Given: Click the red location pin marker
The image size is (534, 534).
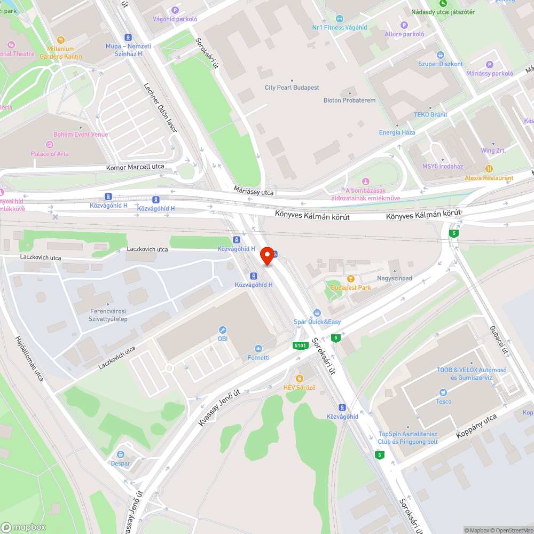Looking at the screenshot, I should pyautogui.click(x=267, y=257).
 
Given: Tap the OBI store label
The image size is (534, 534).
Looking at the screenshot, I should pyautogui.click(x=223, y=339).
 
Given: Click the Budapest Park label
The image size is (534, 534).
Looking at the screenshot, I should pyautogui.click(x=351, y=288).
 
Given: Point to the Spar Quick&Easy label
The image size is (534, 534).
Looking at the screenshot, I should pyautogui.click(x=317, y=322).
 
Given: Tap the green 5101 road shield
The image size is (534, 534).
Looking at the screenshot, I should pyautogui.click(x=301, y=345).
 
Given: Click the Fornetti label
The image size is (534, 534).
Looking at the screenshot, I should pyautogui.click(x=258, y=357).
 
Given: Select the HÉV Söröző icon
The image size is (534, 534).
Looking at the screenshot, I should pyautogui.click(x=300, y=378).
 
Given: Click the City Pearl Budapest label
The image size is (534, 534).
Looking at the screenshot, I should pyautogui.click(x=292, y=88).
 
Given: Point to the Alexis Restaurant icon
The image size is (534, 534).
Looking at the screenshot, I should pyautogui.click(x=489, y=169).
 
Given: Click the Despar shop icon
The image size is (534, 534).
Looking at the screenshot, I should pyautogui.click(x=121, y=454).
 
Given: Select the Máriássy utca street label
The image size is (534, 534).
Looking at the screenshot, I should pyautogui.click(x=254, y=190).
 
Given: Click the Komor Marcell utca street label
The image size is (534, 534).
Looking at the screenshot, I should pyautogui.click(x=135, y=167).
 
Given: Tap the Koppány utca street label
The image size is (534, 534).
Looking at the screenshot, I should pyautogui.click(x=476, y=426).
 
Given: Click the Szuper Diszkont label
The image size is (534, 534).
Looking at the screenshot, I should pyautogui.click(x=440, y=64).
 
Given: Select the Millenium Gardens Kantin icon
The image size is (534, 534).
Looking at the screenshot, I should pyautogui.click(x=61, y=40).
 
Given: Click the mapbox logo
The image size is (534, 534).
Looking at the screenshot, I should pyautogui.click(x=23, y=527).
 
